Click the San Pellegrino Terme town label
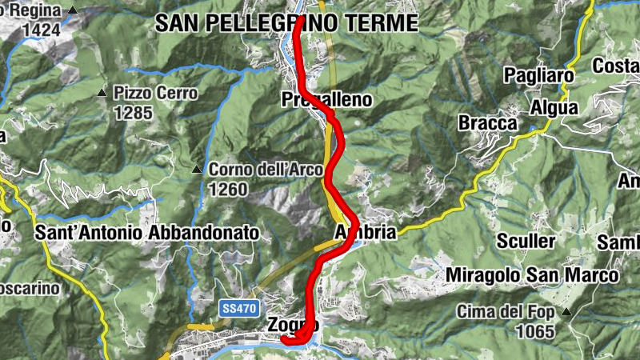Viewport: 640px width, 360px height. pos(287,23)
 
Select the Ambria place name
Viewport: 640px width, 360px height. pos(365,233)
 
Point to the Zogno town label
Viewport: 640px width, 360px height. pos(293,326)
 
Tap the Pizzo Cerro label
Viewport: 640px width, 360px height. pos(155,93)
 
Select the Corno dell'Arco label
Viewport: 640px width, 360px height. pos(266,170)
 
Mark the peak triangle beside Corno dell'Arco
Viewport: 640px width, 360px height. pos(197,170)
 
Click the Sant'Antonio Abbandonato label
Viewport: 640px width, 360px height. pos(148,233)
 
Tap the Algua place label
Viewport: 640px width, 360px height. pos(552,108)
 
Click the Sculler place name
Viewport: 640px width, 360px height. pos(526,241)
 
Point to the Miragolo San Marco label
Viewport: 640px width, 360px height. pos(533,275)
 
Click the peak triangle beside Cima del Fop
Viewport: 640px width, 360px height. pos(566,311)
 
